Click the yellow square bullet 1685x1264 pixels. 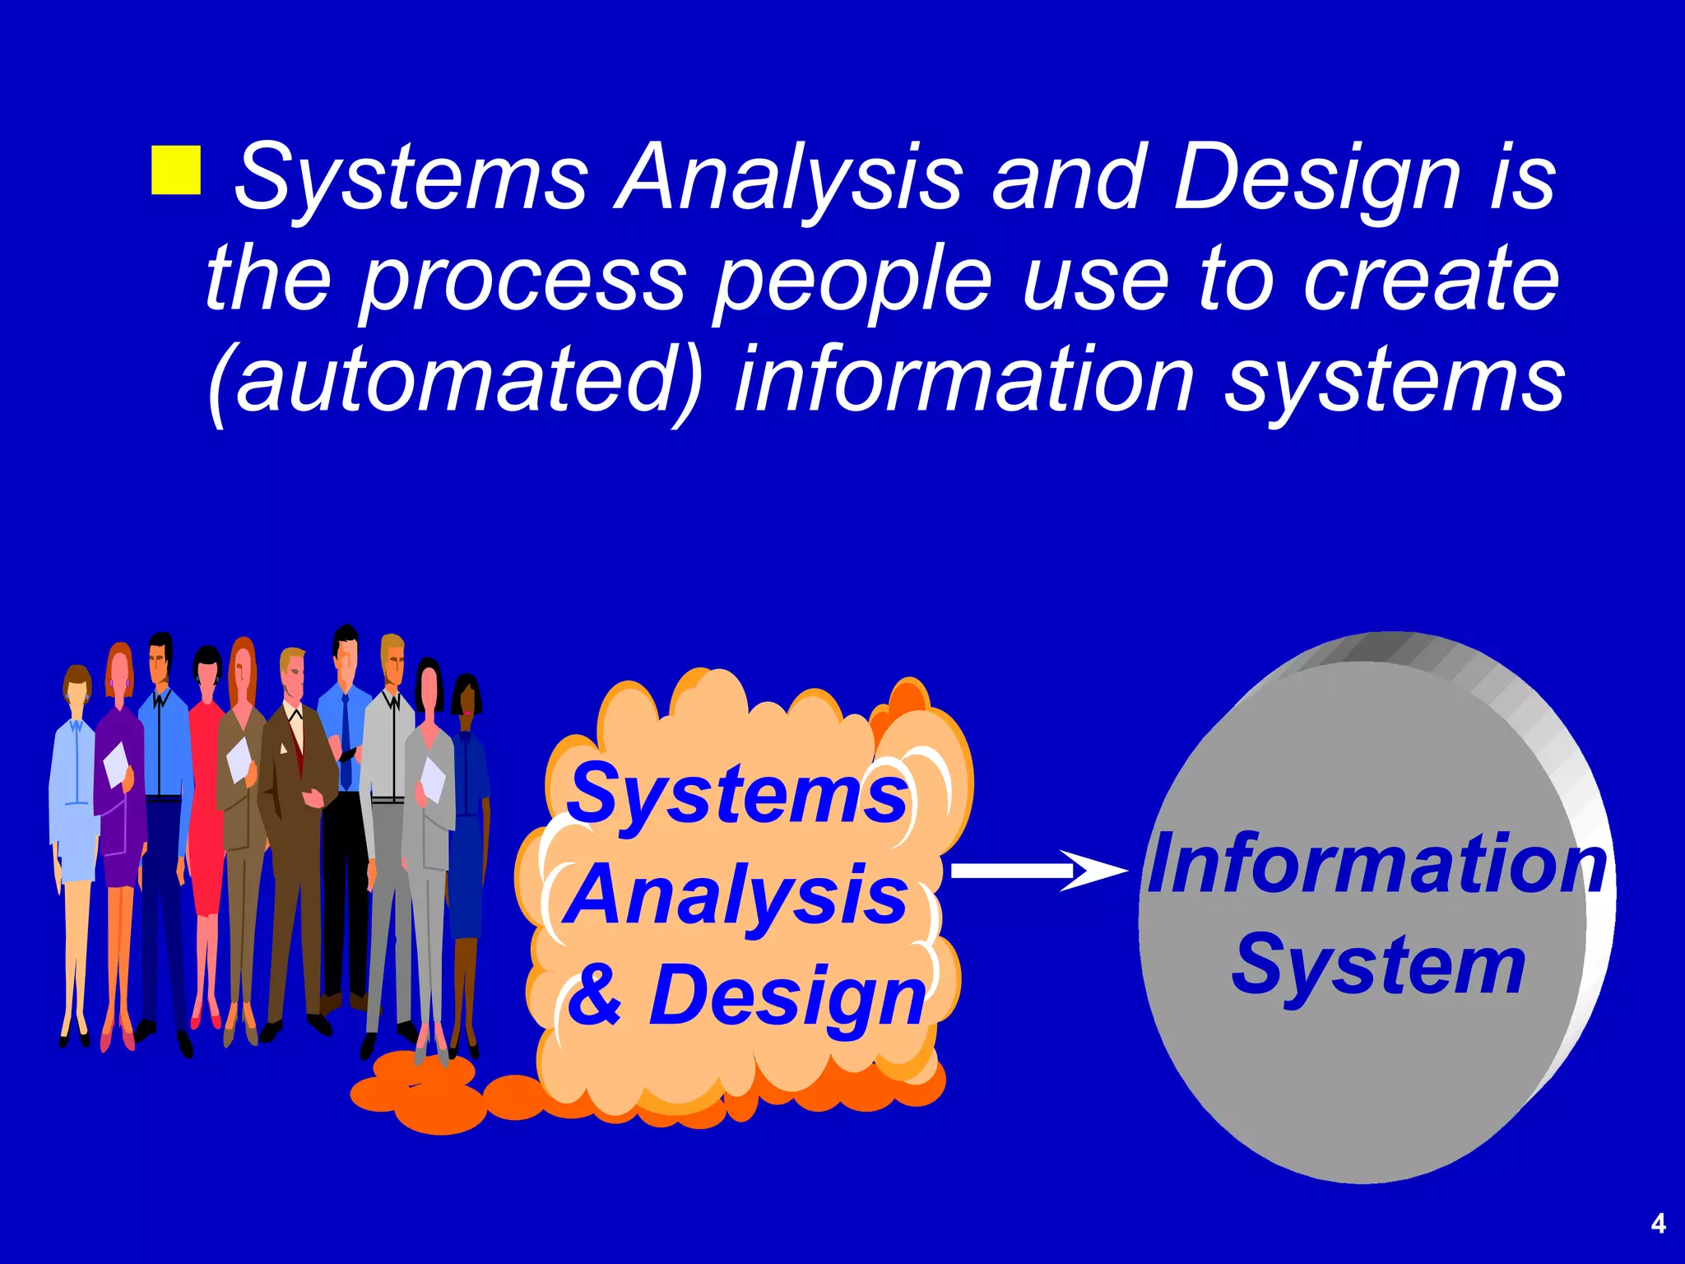[x=176, y=170]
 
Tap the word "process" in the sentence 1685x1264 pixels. [x=522, y=280]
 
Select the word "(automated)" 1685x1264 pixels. [x=457, y=381]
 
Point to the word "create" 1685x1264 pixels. [x=1432, y=280]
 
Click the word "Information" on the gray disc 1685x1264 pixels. [x=1376, y=864]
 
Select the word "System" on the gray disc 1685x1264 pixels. [x=1378, y=965]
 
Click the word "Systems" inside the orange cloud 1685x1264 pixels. [x=738, y=794]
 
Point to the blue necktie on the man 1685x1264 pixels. [x=346, y=741]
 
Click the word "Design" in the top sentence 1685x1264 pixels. [x=1316, y=179]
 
